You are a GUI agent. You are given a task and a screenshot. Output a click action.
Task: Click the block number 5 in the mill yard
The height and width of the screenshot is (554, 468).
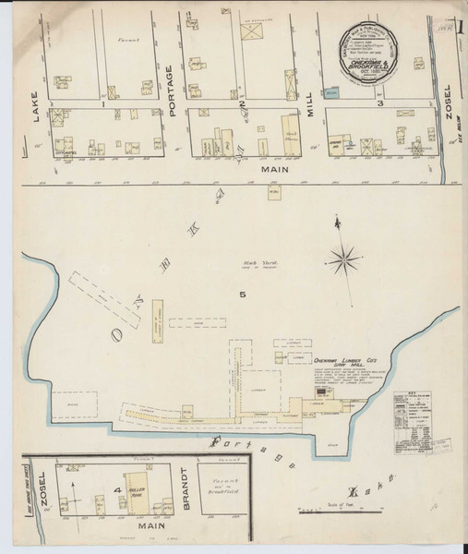(x=243, y=295)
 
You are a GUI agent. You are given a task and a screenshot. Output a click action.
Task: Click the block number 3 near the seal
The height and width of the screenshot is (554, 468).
(x=380, y=104)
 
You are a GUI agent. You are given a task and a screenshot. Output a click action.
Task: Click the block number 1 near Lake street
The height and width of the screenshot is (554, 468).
(x=105, y=103)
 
